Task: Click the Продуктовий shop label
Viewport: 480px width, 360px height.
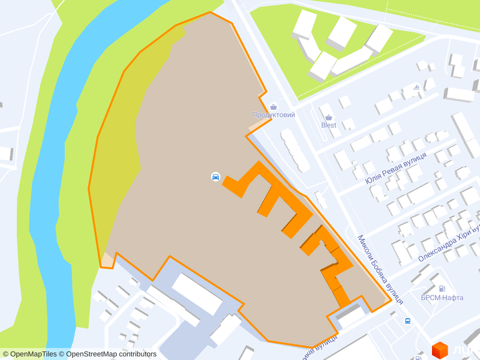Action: tap(274, 115)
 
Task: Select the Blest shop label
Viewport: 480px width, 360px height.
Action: tap(329, 125)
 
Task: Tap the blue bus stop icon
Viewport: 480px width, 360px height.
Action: tap(408, 321)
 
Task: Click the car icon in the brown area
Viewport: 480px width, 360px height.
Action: tap(215, 176)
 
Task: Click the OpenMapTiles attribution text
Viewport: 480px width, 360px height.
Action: tap(29, 354)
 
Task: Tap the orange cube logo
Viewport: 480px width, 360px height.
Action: tap(440, 350)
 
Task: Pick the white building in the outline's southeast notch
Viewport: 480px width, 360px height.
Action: tap(351, 314)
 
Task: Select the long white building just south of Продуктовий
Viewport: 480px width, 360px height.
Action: tap(295, 149)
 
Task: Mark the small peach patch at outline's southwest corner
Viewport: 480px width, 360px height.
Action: tap(107, 260)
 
